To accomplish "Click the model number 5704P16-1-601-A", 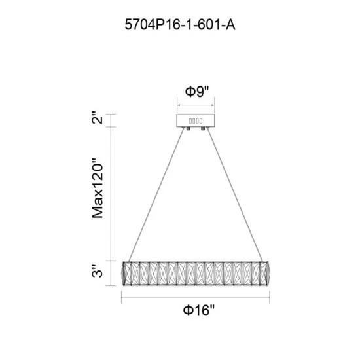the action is point(180,25).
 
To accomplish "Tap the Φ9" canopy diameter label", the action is point(197,92).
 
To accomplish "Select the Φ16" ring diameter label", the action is point(198,310).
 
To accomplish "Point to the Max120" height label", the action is point(98,188).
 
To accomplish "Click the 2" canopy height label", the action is point(98,118).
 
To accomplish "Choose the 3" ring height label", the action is point(98,271).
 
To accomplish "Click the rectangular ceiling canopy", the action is point(196,120).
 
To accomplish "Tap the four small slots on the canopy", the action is point(196,121).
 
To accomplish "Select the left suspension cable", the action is point(156,194).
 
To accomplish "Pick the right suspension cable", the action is point(234,194).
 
